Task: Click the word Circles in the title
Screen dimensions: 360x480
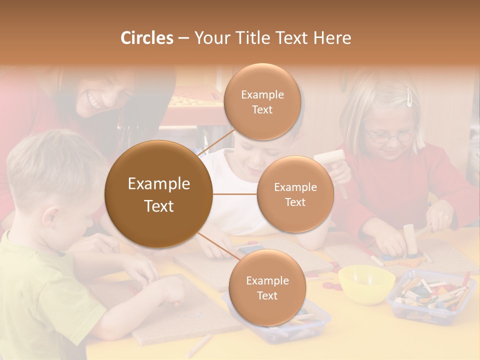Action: pyautogui.click(x=146, y=38)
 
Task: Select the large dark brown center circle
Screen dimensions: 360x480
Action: pyautogui.click(x=158, y=194)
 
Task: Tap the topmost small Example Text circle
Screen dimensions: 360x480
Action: pyautogui.click(x=262, y=101)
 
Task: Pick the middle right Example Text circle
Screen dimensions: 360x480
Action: pyautogui.click(x=295, y=194)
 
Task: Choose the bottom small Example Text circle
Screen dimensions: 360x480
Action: pyautogui.click(x=267, y=287)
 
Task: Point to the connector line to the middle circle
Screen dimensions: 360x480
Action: pyautogui.click(x=235, y=194)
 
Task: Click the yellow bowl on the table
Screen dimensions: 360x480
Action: pyautogui.click(x=366, y=283)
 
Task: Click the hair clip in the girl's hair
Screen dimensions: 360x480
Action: pyautogui.click(x=410, y=97)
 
